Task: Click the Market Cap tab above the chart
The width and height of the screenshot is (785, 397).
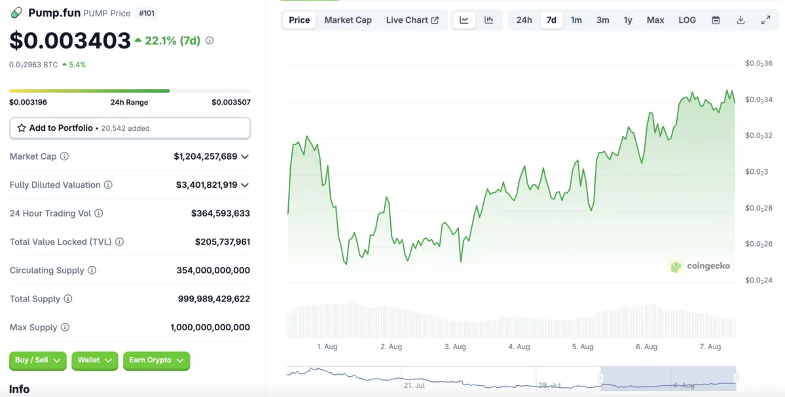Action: tap(348, 20)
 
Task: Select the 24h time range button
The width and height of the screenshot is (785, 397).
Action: tap(524, 20)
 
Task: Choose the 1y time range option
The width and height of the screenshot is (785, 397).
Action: tap(628, 20)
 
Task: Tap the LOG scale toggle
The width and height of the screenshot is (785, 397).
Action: tap(687, 20)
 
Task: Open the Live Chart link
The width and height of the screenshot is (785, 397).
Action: tap(412, 20)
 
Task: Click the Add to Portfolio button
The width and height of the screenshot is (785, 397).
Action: tap(130, 128)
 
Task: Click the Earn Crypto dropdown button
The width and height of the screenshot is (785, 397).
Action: tap(156, 360)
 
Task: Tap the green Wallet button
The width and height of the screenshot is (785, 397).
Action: tap(94, 360)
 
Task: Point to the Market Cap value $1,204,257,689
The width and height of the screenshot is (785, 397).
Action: tap(206, 157)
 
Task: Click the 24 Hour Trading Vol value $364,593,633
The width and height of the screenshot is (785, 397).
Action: tap(220, 213)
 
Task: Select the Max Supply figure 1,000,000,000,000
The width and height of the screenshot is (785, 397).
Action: tap(210, 327)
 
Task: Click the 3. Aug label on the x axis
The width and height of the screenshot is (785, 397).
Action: tap(455, 347)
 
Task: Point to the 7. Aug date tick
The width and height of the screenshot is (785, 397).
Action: tap(710, 347)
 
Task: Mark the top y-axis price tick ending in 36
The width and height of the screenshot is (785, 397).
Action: tap(758, 63)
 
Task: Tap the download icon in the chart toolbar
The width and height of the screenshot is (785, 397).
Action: tap(740, 20)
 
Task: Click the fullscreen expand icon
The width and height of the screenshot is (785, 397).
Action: tap(765, 20)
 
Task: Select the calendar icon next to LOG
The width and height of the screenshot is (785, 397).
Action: tap(716, 20)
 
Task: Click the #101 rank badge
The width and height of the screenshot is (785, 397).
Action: tap(147, 13)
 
